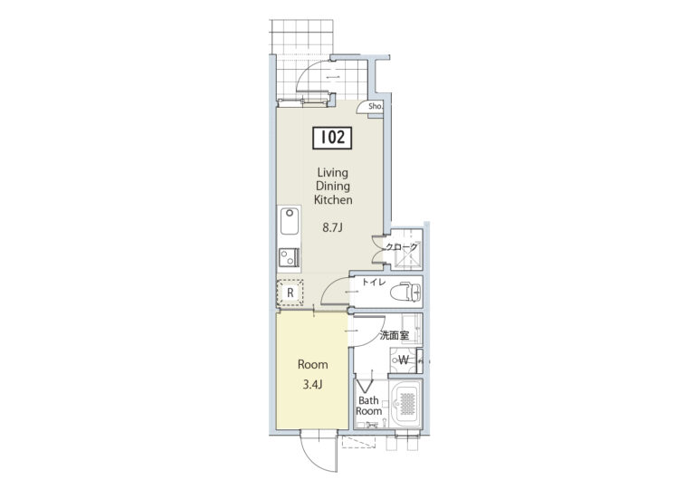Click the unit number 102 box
(x=332, y=138)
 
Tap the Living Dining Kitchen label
(x=333, y=187)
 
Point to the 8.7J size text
(x=333, y=228)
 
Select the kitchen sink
(x=290, y=221)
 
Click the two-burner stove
(x=290, y=258)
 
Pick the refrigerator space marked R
(x=290, y=293)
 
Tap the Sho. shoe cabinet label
(x=376, y=107)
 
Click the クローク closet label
(x=402, y=247)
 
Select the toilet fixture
(x=405, y=292)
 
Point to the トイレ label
(x=374, y=283)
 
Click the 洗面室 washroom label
(x=394, y=335)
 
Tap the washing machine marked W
(x=404, y=360)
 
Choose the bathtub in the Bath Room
(x=405, y=403)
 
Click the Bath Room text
(x=368, y=406)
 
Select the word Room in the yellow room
(x=313, y=365)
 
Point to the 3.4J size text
(x=312, y=385)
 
